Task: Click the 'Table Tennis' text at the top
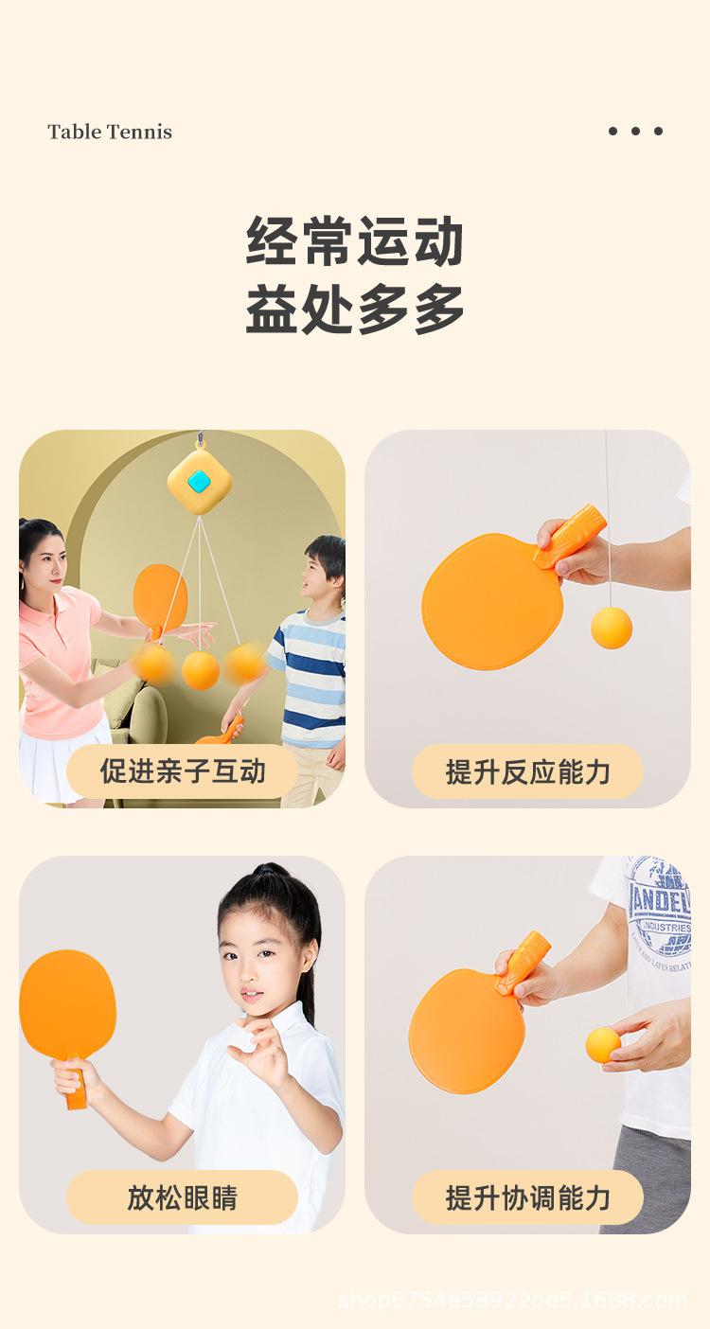[110, 132]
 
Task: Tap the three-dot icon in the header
[635, 131]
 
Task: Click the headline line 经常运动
[355, 241]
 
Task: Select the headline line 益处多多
[355, 309]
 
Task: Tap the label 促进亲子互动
[183, 771]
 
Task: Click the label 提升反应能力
[527, 771]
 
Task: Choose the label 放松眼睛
[182, 1197]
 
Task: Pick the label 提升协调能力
[527, 1197]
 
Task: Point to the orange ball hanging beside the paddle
[612, 628]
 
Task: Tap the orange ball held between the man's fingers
[603, 1044]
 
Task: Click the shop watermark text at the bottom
[512, 1300]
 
